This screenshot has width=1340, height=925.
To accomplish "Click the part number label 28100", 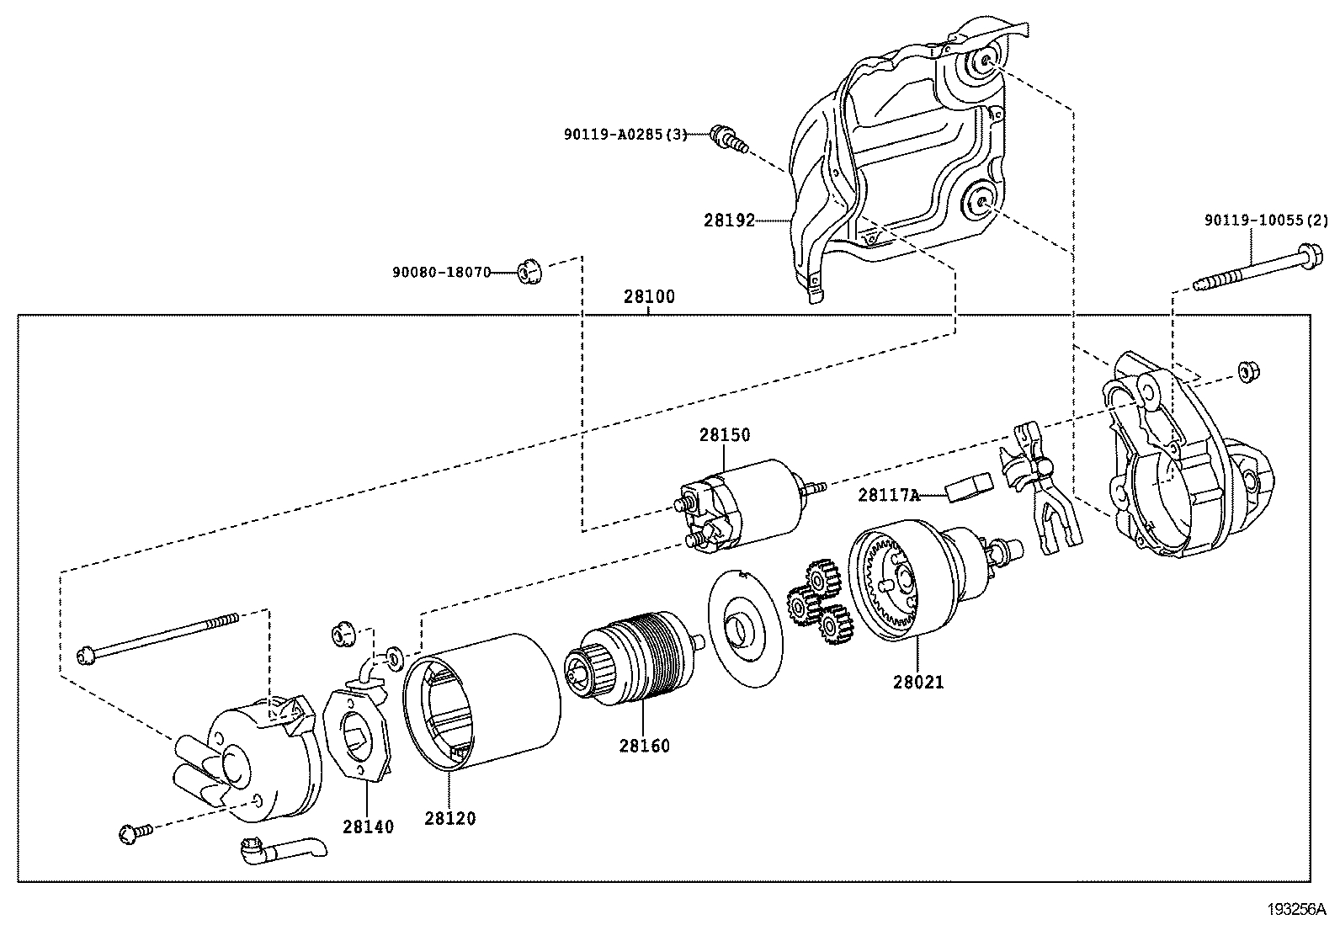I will [648, 297].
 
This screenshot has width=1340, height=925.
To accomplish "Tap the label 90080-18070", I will [441, 272].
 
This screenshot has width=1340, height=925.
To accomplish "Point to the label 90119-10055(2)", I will [1265, 221].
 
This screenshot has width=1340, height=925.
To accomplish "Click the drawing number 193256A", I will [1295, 909].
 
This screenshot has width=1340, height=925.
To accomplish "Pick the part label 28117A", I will [889, 495].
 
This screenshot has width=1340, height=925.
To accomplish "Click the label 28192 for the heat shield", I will [729, 221].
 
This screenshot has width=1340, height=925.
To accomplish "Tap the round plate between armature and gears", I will [746, 627].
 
